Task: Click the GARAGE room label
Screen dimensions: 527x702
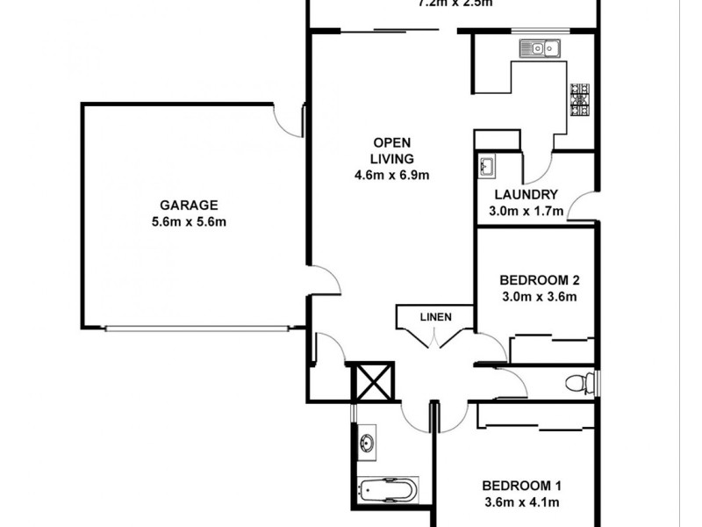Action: click(x=190, y=206)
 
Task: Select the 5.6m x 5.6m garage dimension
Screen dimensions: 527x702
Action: click(x=190, y=222)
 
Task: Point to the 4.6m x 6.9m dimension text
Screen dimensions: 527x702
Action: click(x=391, y=175)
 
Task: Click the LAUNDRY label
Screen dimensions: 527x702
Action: click(x=526, y=195)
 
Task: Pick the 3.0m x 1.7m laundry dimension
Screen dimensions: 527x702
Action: click(x=526, y=211)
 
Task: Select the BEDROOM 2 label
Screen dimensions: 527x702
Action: click(x=539, y=281)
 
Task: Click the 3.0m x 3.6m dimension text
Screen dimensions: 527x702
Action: click(x=539, y=297)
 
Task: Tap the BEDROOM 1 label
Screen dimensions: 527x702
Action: click(x=521, y=486)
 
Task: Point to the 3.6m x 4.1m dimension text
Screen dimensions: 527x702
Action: click(x=521, y=502)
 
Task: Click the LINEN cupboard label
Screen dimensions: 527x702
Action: click(x=435, y=317)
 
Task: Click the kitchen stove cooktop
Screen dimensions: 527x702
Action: click(x=580, y=99)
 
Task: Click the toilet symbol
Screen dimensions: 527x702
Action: click(x=580, y=383)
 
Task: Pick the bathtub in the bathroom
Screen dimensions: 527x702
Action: click(x=387, y=489)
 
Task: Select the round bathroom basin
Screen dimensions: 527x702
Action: click(x=367, y=443)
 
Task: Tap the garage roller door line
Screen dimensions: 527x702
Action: click(x=197, y=329)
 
